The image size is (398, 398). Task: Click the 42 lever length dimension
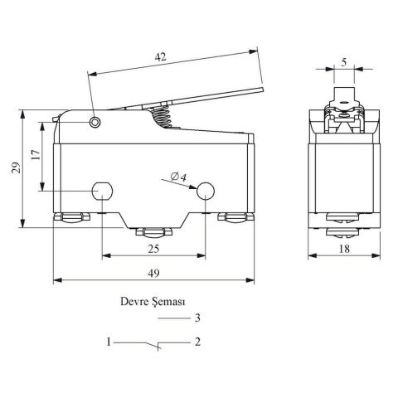(161, 57)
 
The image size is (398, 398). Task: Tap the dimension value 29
(16, 167)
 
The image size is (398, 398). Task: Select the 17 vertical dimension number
(36, 155)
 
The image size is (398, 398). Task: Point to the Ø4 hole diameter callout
(178, 177)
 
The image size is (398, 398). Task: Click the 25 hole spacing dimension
(153, 249)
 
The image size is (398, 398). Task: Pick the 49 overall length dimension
(153, 274)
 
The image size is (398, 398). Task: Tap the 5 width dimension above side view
(343, 62)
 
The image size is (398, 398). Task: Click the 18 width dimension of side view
(344, 249)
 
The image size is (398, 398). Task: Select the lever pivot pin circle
(95, 122)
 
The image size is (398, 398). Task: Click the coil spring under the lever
(161, 117)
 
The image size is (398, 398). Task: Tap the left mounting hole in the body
(102, 191)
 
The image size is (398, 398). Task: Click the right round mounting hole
(206, 191)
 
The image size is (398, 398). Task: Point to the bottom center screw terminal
(153, 232)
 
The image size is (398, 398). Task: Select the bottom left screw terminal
(72, 217)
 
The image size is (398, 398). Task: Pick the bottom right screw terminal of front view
(235, 217)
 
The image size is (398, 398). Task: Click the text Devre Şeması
(153, 302)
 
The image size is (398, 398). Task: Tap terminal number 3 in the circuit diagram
(197, 318)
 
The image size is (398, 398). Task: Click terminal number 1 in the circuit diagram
(109, 342)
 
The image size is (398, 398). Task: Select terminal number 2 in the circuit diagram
(197, 342)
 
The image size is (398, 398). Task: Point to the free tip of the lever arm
(263, 90)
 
